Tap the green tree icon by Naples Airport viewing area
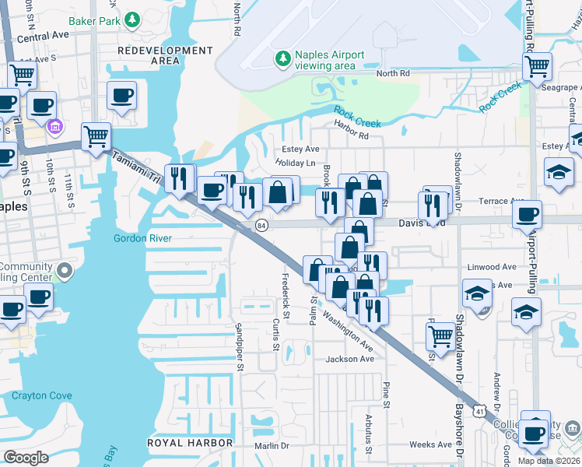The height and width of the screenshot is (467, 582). coord(282,58)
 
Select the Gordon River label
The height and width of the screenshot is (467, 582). coord(142,238)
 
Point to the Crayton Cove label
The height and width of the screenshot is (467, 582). coord(41,395)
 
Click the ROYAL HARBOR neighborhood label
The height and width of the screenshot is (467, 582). coord(191,442)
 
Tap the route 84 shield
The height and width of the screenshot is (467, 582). coord(261,225)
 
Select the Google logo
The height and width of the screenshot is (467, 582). coord(26,457)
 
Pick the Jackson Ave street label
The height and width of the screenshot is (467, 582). coord(350,359)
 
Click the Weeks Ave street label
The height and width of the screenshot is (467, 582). coord(431,444)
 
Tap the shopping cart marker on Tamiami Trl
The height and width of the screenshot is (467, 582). coord(96,136)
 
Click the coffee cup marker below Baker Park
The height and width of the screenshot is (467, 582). coord(121,95)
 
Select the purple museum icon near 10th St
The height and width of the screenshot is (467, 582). coord(55,126)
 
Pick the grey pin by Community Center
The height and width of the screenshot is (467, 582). coord(64,272)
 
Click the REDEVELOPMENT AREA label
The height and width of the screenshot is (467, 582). coord(164,55)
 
